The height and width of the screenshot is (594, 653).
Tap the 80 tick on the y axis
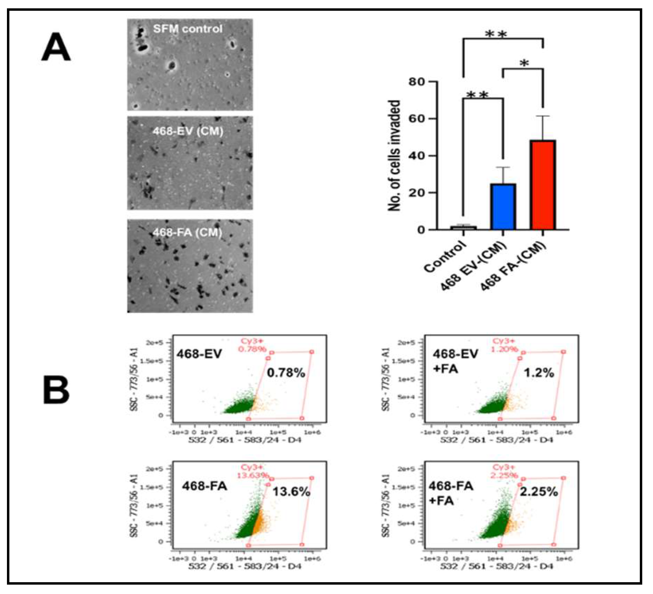[x=417, y=82]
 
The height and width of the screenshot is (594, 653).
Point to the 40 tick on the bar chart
[x=417, y=156]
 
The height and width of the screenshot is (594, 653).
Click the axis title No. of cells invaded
[x=394, y=156]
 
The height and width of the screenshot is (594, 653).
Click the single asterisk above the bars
[x=524, y=64]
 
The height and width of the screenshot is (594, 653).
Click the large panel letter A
[x=56, y=47]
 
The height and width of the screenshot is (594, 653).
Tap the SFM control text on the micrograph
[x=187, y=29]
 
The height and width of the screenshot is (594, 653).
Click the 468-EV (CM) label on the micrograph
[x=188, y=131]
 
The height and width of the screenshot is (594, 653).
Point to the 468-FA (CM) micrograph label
[x=187, y=232]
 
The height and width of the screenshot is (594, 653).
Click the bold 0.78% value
[x=286, y=373]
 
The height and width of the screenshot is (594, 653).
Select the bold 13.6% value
[x=291, y=492]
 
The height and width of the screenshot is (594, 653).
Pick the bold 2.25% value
[x=538, y=492]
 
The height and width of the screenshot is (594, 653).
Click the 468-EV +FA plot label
[x=454, y=361]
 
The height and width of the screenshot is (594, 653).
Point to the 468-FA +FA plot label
[x=450, y=493]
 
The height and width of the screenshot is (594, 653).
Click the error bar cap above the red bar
[x=543, y=116]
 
